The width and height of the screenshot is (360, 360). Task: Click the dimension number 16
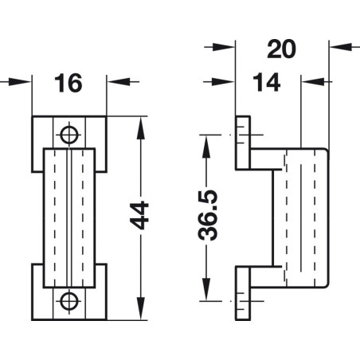(70, 82)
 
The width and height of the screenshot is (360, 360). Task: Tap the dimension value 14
(268, 83)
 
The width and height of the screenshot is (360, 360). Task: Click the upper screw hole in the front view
(70, 132)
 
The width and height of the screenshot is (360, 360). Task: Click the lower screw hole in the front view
(70, 299)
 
